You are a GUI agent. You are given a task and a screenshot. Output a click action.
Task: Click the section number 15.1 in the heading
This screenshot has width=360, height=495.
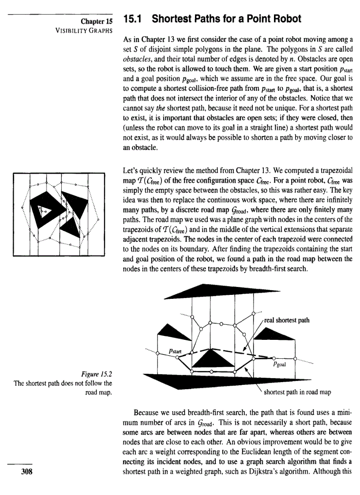[x=134, y=19]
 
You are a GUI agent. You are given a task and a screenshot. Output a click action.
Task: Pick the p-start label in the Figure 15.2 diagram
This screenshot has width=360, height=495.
[x=176, y=351]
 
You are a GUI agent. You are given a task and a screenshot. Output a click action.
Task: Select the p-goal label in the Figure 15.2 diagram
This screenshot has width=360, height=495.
[x=281, y=364]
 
